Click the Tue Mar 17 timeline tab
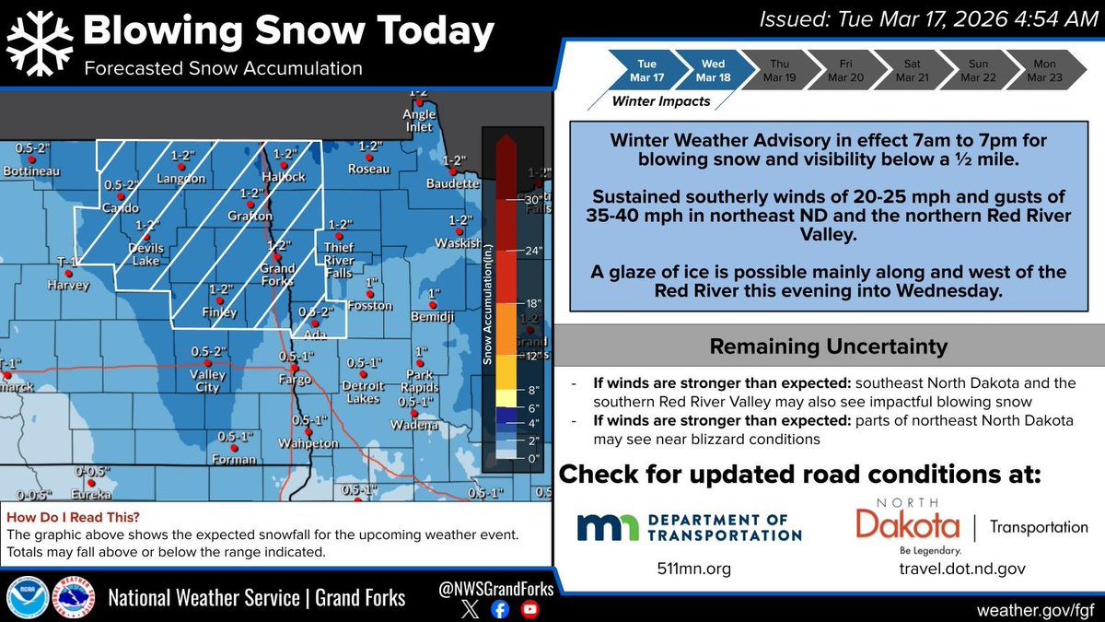(x=647, y=70)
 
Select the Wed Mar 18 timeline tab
(x=711, y=70)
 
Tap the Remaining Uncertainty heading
(x=828, y=347)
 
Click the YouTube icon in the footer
(x=529, y=608)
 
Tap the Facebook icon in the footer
(x=498, y=608)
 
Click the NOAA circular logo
(x=28, y=597)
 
